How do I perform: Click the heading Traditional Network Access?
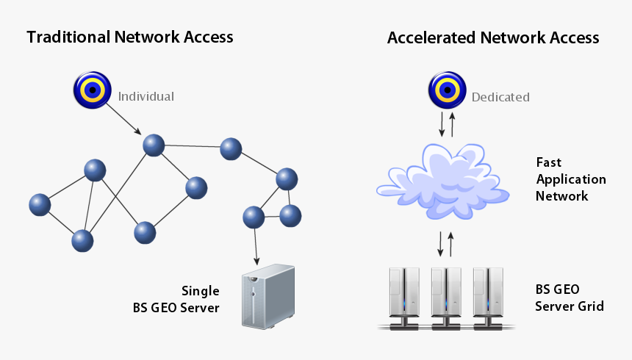coord(130,37)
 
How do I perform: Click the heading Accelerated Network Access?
coord(493,37)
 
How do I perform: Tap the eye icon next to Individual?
coord(92,90)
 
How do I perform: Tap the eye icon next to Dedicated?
coord(447,91)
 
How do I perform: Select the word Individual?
coord(146,96)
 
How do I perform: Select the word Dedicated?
coord(500,97)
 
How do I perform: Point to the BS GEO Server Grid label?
coord(570,298)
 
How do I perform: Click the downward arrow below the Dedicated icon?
coord(441,124)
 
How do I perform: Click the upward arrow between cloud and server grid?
coord(451,243)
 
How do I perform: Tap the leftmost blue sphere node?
coord(40,205)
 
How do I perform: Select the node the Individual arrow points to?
coord(154,145)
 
